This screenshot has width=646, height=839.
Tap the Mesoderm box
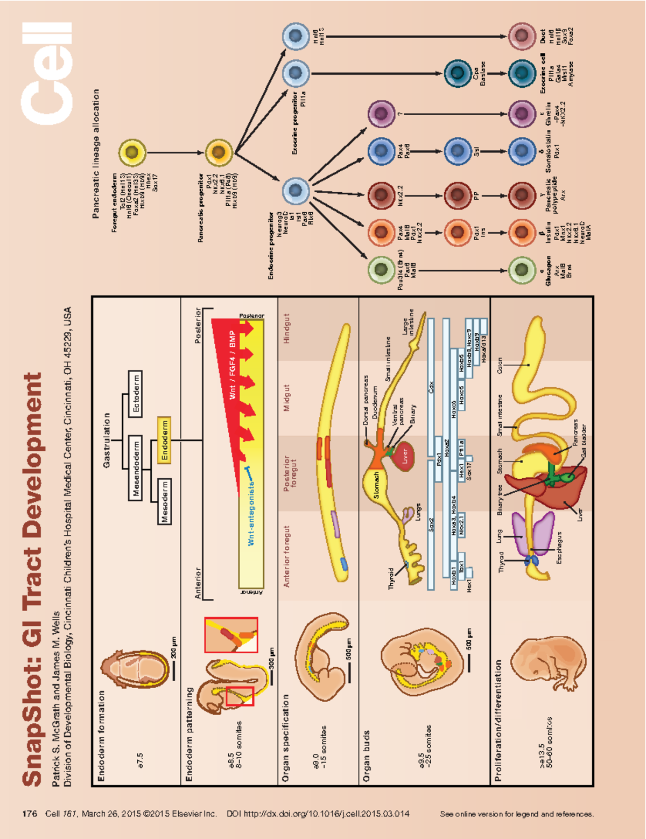pyautogui.click(x=164, y=501)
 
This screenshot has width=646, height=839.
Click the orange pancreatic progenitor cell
pyautogui.click(x=218, y=152)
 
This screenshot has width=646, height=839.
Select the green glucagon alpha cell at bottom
pyautogui.click(x=521, y=270)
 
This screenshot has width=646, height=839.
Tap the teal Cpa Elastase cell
pyautogui.click(x=457, y=73)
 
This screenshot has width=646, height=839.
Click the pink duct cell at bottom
pyautogui.click(x=521, y=36)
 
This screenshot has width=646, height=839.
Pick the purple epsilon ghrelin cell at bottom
pyautogui.click(x=521, y=114)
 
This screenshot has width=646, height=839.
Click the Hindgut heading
pyautogui.click(x=286, y=328)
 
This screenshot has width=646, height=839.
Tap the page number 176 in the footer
pyautogui.click(x=30, y=814)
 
